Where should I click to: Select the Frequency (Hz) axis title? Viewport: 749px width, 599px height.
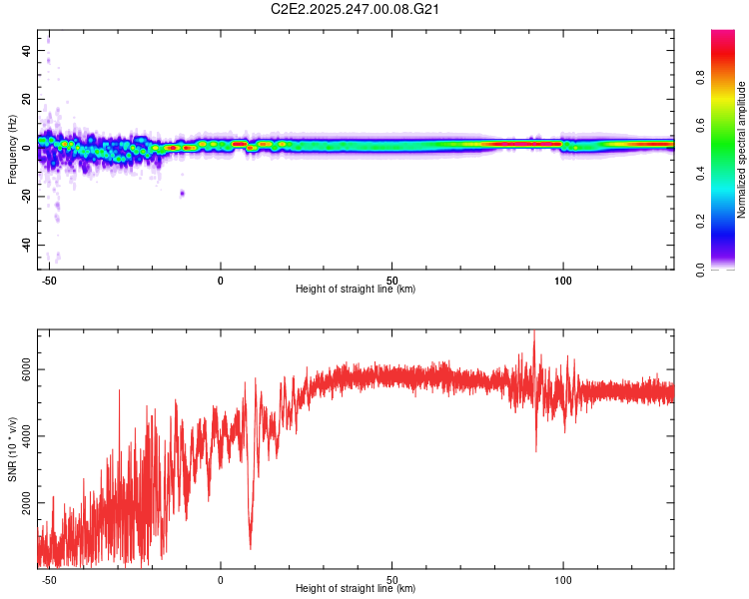13,149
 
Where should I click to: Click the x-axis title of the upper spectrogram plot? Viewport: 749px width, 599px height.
356,290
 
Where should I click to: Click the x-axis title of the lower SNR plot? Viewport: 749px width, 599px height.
356,589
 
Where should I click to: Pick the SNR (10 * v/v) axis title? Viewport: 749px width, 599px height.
13,448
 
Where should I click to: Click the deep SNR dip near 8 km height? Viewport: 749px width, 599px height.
250,545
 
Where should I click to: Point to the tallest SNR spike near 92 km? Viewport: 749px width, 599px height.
533,332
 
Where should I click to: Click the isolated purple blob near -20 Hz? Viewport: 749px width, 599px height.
182,193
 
